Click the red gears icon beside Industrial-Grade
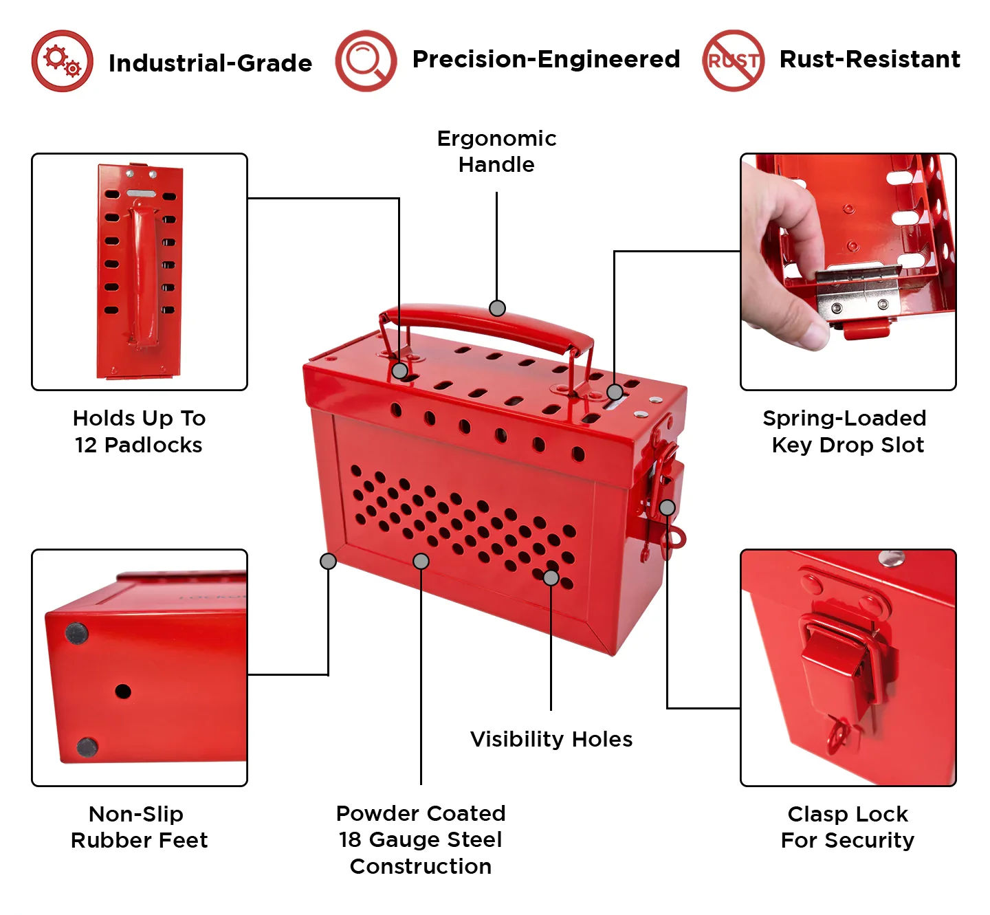(62, 60)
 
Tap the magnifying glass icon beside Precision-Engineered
(366, 60)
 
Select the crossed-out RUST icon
(733, 60)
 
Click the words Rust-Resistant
(869, 60)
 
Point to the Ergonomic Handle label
(496, 151)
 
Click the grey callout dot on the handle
(497, 308)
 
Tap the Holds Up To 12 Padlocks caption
(139, 432)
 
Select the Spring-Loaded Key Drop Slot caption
(847, 432)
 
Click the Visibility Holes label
(551, 739)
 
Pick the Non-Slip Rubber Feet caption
(139, 827)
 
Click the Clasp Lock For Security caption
(847, 827)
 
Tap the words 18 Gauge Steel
(421, 839)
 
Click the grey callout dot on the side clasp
(667, 508)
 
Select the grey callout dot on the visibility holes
(551, 577)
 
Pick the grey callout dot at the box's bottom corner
(328, 561)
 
